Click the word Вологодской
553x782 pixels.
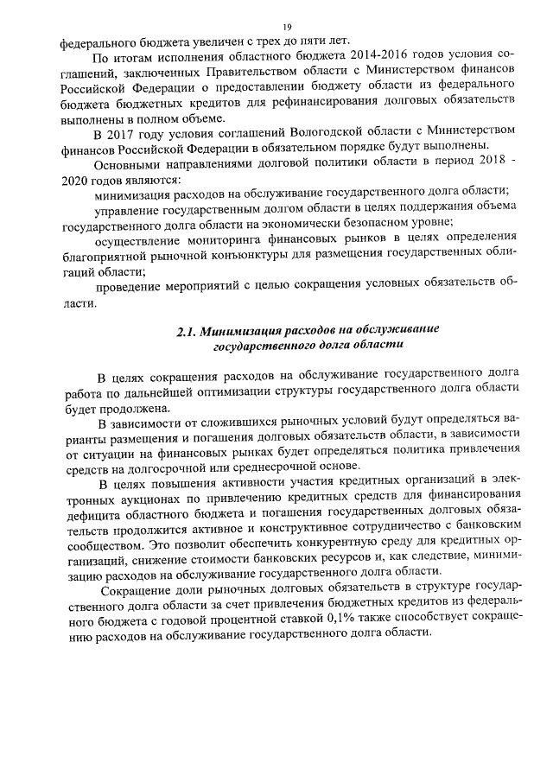325,132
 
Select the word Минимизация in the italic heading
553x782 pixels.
243,331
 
